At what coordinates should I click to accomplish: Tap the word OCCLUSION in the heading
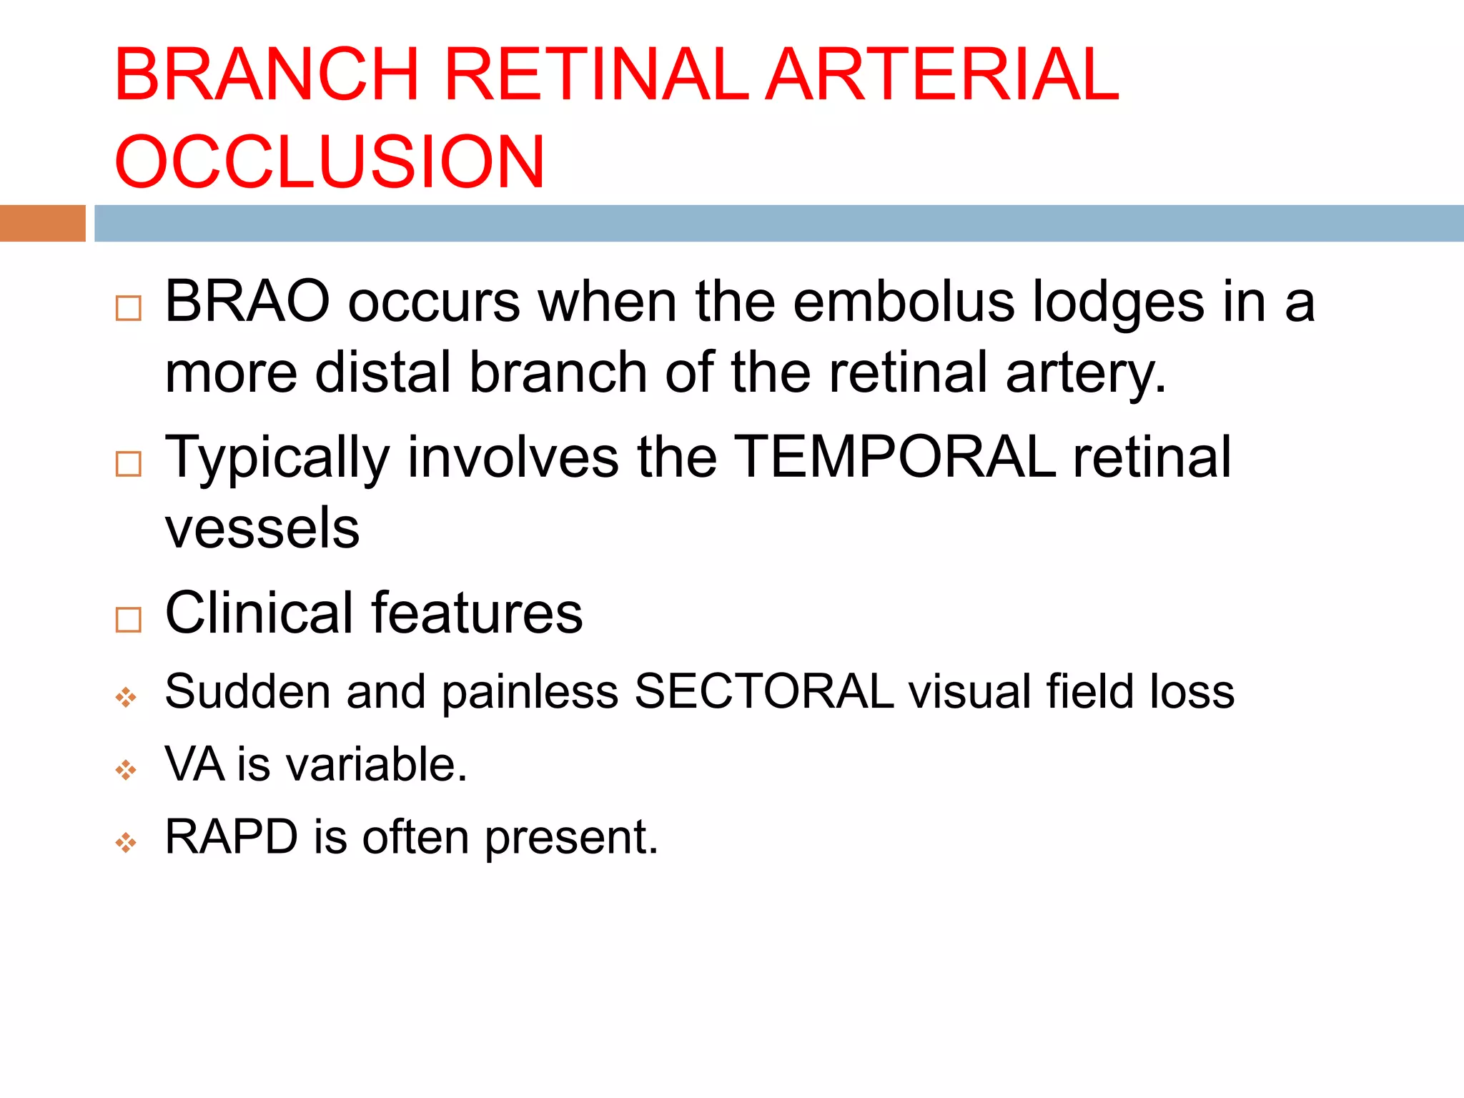[330, 162]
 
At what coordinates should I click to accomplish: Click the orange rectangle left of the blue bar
[42, 223]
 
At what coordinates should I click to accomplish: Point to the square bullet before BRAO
[129, 308]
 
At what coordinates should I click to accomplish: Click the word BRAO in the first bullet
[247, 302]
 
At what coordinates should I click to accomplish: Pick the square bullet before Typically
[129, 464]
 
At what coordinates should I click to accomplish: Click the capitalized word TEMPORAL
[895, 457]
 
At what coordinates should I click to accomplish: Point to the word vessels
[262, 528]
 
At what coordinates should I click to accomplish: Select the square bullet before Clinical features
[129, 620]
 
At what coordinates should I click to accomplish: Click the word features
[477, 613]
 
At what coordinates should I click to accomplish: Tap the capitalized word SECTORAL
[763, 691]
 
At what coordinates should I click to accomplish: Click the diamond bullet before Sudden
[126, 698]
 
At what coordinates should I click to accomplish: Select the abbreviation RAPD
[232, 837]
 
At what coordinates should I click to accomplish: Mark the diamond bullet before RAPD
[126, 844]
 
